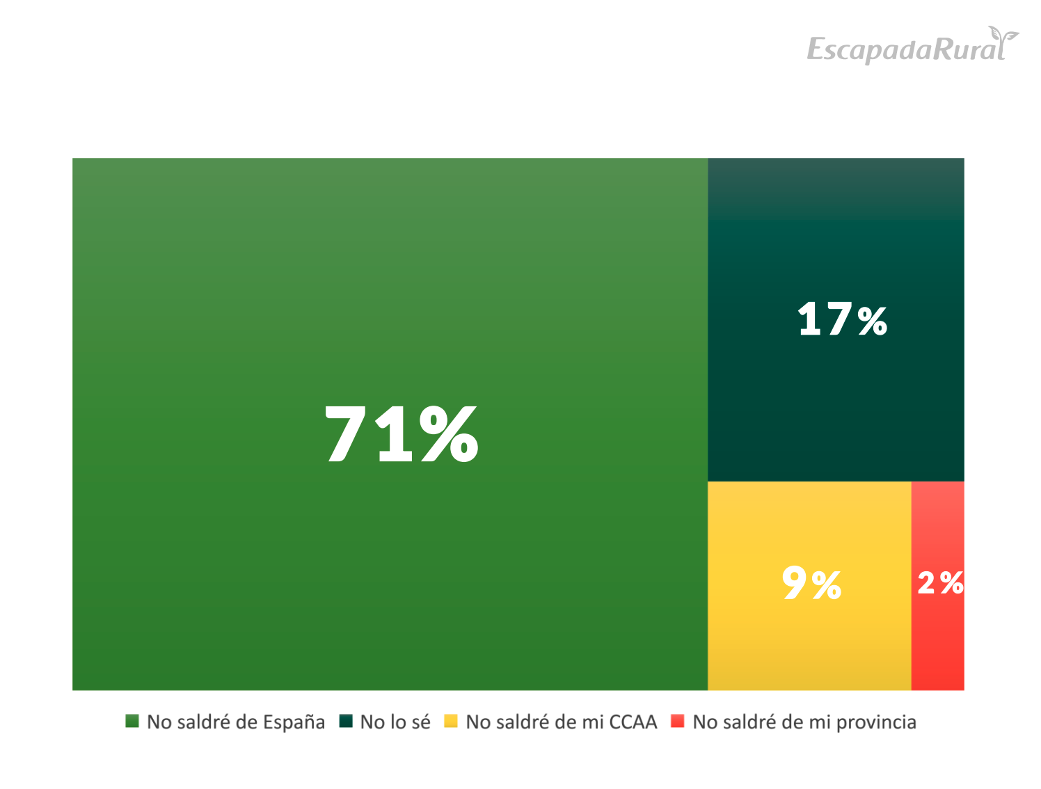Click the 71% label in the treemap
click(402, 435)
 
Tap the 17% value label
click(842, 320)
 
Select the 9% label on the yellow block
click(811, 583)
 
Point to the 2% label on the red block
click(940, 583)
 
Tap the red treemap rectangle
click(937, 647)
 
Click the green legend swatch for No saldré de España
click(132, 722)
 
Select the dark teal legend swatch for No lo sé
click(346, 722)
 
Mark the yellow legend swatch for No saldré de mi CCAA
click(451, 722)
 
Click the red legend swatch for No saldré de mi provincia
click(678, 722)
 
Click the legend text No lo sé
click(395, 722)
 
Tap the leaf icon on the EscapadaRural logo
click(1003, 35)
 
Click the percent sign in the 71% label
click(449, 435)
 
